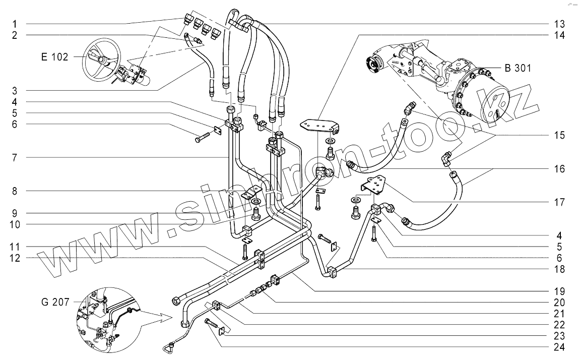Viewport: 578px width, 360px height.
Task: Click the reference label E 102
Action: [54, 57]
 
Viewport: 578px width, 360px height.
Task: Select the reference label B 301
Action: [517, 69]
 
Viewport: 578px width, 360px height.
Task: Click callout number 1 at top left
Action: [15, 24]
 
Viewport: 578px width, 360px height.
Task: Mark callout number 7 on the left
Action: [15, 158]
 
